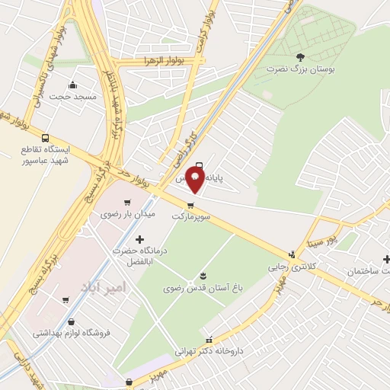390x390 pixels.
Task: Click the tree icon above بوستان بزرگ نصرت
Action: click(299, 56)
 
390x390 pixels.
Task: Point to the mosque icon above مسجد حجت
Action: click(72, 85)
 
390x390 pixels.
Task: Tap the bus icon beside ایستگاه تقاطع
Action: click(46, 139)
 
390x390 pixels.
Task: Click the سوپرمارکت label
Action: click(190, 216)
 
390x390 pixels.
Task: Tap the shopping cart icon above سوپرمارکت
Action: click(190, 205)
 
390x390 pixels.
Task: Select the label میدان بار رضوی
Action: click(128, 214)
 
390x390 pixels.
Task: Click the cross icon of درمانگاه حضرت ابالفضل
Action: click(139, 240)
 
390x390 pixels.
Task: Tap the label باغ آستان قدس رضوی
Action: click(203, 289)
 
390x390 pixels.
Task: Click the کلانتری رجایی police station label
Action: click(290, 267)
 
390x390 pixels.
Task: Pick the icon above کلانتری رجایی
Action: click(292, 255)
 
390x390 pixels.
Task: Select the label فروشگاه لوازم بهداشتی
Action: click(72, 333)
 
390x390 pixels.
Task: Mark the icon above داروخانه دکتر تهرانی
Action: click(209, 340)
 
